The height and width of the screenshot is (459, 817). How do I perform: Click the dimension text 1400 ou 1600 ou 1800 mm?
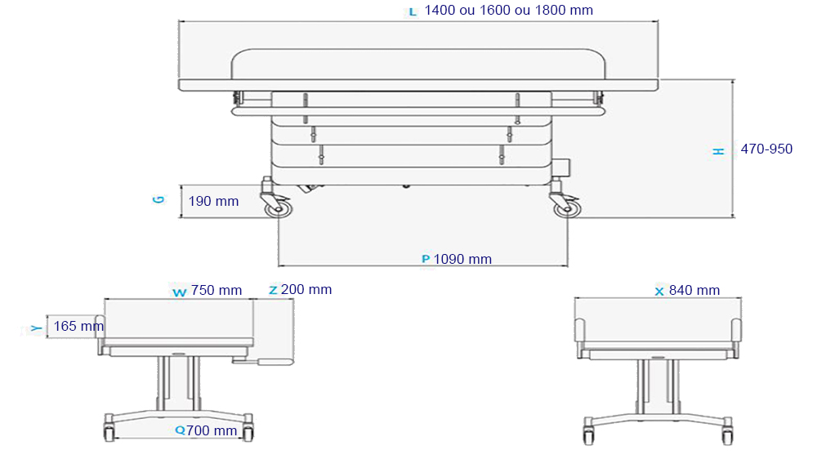coord(509,11)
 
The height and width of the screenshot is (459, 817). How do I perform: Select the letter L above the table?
coord(412,11)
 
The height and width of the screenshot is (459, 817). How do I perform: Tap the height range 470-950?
coord(766,149)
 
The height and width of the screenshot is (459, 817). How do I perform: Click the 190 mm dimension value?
coord(213,201)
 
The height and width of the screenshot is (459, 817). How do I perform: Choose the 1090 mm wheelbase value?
coord(462,260)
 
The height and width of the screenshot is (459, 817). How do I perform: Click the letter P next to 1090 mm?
coord(425,260)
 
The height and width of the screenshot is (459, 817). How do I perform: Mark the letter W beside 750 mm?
coord(179,292)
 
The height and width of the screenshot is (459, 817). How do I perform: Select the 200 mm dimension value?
coord(306,290)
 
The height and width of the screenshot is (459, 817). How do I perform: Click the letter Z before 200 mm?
coord(273,290)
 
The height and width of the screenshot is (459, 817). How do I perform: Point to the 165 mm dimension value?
coord(78,327)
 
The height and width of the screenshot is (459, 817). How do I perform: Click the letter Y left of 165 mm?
coord(35,328)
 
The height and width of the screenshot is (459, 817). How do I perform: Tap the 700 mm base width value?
coord(212,430)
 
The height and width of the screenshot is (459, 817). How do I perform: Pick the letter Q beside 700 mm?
coord(180,430)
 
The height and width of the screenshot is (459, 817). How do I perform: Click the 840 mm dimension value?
coord(694,291)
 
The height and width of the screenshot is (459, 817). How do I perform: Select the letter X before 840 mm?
coord(659,291)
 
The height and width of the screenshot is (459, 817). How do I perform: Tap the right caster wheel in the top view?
coord(565,208)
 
